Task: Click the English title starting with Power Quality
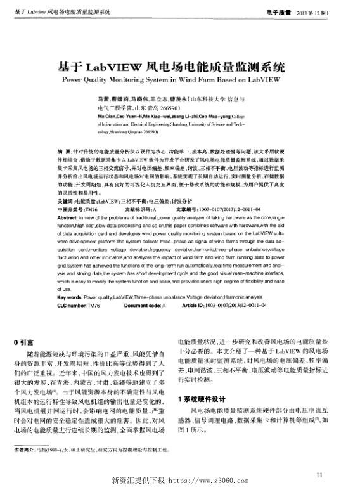pyautogui.click(x=179, y=81)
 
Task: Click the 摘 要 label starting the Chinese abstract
pyautogui.click(x=63, y=153)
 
